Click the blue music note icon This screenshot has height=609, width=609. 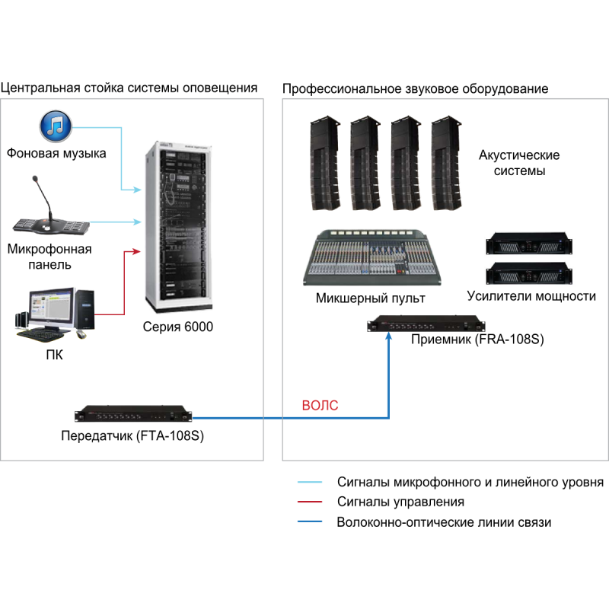pos(56,126)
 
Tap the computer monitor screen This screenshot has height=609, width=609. pos(51,306)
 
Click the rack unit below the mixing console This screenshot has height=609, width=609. pos(426,325)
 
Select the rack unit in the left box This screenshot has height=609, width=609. pos(133,415)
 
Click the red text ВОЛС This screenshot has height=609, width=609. pos(320,406)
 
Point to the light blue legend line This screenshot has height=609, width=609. pos(309,482)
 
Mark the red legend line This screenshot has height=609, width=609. pos(309,502)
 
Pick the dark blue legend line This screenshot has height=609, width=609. pos(309,521)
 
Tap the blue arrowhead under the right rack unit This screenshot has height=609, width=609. pos(389,336)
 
